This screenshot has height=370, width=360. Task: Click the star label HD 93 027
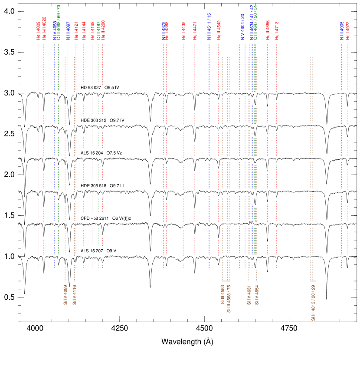[91, 88]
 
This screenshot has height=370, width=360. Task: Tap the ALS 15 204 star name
[92, 153]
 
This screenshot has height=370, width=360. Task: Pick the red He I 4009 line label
[38, 31]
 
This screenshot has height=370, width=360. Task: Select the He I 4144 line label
[84, 31]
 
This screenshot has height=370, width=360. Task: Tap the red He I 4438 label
[183, 31]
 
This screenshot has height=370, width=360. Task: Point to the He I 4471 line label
[195, 31]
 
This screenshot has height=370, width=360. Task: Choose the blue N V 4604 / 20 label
[243, 27]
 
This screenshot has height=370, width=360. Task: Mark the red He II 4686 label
[267, 30]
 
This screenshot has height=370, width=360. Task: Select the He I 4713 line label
[277, 31]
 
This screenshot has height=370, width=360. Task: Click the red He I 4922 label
[347, 31]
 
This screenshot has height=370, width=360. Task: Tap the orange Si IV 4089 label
[65, 295]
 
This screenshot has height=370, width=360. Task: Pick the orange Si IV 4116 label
[74, 295]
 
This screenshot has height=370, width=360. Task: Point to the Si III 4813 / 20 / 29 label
[313, 302]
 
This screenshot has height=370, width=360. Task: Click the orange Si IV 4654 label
[257, 295]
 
